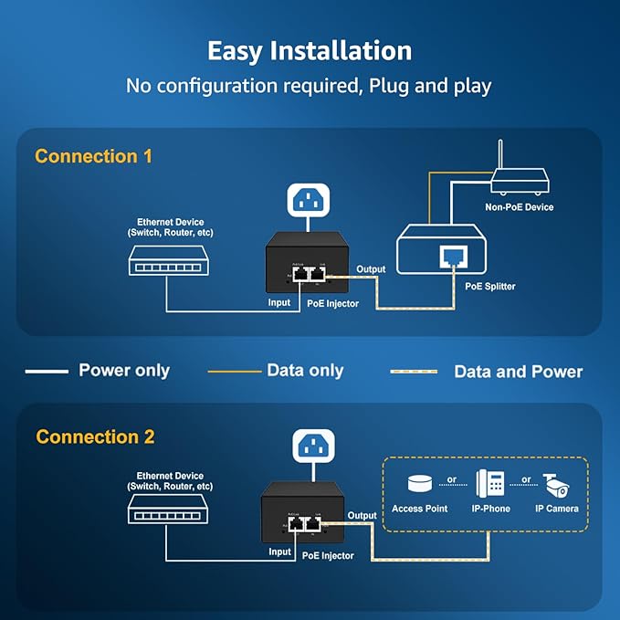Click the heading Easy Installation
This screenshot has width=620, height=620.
[x=310, y=50]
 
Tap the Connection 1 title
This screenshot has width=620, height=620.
[x=93, y=156]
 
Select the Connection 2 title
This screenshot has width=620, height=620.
[x=95, y=436]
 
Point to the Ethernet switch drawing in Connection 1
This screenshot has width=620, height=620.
[x=165, y=262]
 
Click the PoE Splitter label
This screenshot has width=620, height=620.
[x=490, y=286]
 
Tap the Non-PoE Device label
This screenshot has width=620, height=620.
[x=520, y=207]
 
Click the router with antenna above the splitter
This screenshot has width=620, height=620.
[x=520, y=179]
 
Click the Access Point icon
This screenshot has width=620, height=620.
[x=419, y=481]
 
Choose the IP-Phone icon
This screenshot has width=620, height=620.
[x=489, y=481]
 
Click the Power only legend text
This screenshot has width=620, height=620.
[x=124, y=371]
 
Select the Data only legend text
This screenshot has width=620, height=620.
[x=305, y=370]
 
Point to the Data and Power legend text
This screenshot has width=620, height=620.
[x=518, y=371]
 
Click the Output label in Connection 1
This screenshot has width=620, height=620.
[x=371, y=268]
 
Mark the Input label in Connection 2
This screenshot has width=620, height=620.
[x=279, y=552]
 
